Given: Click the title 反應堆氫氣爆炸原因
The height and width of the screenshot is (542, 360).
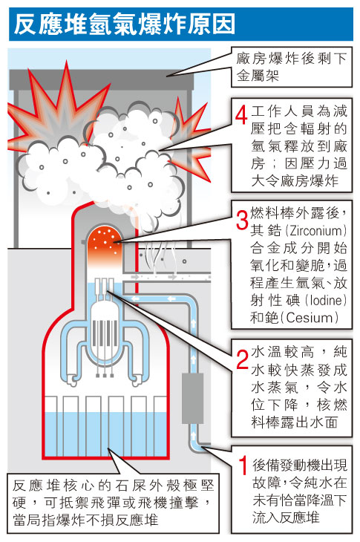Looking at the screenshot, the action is tap(125, 25).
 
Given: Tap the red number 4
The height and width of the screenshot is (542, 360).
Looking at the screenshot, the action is tap(241, 114).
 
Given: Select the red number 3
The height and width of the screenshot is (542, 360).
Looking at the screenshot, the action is tap(242, 220).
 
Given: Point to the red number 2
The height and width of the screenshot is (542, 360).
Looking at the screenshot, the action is tap(242, 359).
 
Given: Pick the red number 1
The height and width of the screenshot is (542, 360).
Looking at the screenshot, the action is tap(243, 465).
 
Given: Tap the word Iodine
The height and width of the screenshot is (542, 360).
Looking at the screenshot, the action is tap(327, 300).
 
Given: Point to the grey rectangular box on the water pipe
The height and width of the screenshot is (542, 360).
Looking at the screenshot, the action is tap(193, 398).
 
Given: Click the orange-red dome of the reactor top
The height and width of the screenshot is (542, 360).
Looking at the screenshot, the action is tap(104, 241).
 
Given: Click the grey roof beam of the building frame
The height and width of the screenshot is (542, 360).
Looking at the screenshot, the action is tap(102, 80).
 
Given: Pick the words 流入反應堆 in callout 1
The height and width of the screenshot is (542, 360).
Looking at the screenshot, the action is tap(286, 517).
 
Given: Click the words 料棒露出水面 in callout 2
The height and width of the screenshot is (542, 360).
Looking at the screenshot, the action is tap(295, 422).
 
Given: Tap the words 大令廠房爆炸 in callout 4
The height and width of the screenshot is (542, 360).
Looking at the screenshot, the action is tap(295, 180).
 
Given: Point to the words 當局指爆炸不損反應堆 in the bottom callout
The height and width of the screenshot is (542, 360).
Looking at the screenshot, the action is tap(85, 520).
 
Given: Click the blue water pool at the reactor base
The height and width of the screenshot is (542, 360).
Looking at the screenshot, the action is tap(105, 434).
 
